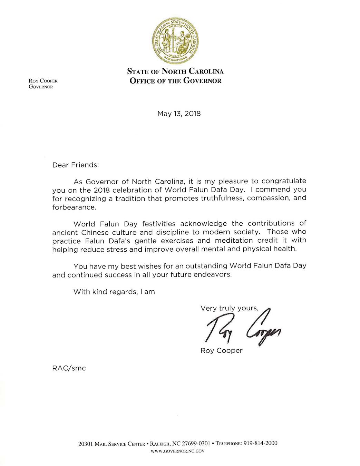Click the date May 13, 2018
(x=179, y=114)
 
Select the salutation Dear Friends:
(x=76, y=165)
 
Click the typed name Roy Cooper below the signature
(x=221, y=351)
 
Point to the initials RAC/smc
(x=69, y=368)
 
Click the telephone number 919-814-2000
(x=260, y=443)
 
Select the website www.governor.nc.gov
(x=178, y=451)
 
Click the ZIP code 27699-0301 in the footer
(x=196, y=444)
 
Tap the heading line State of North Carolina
(x=175, y=71)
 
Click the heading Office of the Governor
(x=175, y=81)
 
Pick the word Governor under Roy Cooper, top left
(x=41, y=87)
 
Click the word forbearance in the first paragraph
(x=74, y=207)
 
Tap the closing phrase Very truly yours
(x=229, y=308)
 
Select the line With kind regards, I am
(x=114, y=292)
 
